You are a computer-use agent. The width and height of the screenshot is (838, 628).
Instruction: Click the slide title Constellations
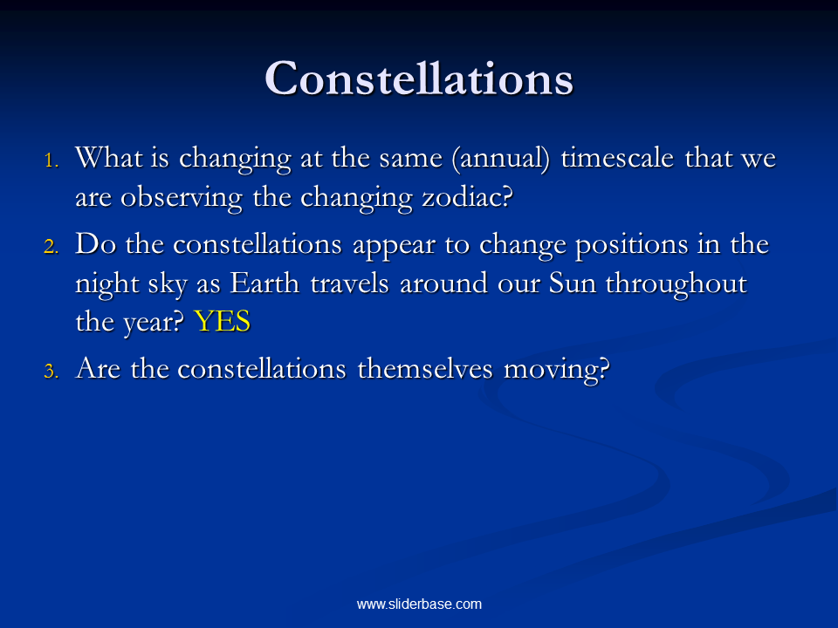tap(419, 78)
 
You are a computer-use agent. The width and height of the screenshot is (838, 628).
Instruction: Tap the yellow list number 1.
tap(52, 160)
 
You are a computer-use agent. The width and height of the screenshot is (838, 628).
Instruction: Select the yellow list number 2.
tap(52, 247)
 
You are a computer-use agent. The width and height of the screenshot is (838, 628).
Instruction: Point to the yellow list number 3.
tap(52, 371)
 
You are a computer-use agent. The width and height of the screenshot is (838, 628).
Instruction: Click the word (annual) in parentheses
tap(501, 159)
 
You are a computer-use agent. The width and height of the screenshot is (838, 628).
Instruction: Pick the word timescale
tap(617, 158)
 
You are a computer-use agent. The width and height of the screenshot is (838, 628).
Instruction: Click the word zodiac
tap(467, 197)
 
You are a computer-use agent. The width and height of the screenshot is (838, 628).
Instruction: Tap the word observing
tap(182, 198)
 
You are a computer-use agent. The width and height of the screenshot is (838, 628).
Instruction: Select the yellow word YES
tap(223, 322)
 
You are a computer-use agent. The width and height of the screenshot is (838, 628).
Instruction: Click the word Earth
tap(264, 283)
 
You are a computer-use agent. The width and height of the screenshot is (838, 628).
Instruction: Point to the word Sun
tap(573, 283)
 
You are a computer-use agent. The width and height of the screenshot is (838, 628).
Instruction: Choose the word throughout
tap(676, 283)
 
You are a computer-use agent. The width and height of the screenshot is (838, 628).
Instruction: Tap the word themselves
tap(425, 368)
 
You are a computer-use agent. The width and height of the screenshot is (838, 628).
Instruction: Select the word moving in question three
tap(556, 370)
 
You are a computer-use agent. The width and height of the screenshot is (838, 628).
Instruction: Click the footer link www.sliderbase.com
tap(419, 604)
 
